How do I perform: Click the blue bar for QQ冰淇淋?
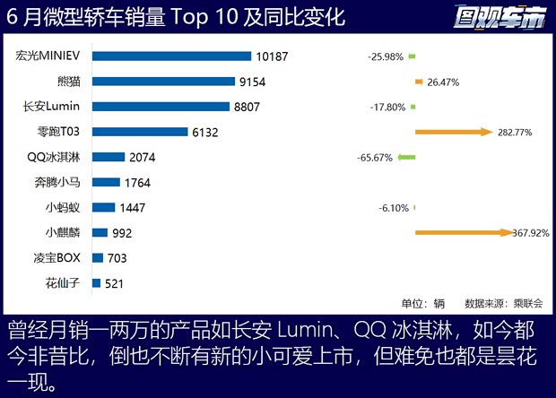point(109,157)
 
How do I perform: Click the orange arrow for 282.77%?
point(454,132)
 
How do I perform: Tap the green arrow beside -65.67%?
point(407,157)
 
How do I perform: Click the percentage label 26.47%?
point(444,82)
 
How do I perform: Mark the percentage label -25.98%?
point(385,56)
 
